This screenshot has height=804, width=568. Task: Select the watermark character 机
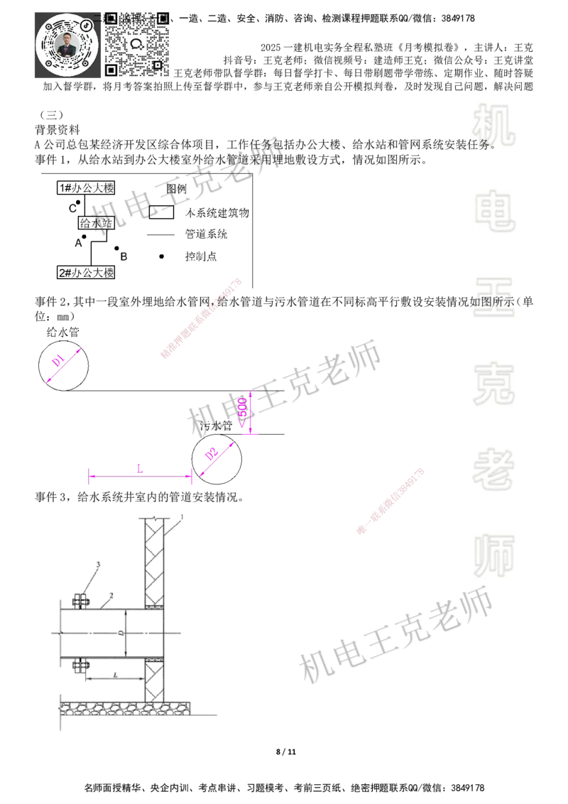pyautogui.click(x=494, y=124)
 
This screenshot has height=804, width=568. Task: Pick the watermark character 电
pyautogui.click(x=497, y=210)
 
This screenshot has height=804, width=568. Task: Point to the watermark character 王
pyautogui.click(x=494, y=298)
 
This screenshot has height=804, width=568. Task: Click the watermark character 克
pyautogui.click(x=494, y=384)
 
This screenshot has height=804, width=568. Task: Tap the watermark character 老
pyautogui.click(x=494, y=469)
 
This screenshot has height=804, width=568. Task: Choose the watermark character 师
pyautogui.click(x=494, y=556)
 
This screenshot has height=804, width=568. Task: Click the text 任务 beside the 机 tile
pyautogui.click(x=479, y=146)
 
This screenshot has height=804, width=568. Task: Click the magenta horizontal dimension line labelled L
pyautogui.click(x=139, y=477)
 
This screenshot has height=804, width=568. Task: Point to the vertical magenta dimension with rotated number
pyautogui.click(x=248, y=412)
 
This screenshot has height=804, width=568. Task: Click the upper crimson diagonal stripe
pyautogui.click(x=202, y=318)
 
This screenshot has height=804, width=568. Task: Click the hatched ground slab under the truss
pyautogui.click(x=124, y=707)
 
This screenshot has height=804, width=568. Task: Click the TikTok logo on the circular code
pyautogui.click(x=87, y=25)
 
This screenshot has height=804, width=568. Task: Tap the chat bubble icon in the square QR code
pyautogui.click(x=138, y=44)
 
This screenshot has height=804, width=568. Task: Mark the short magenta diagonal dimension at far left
pyautogui.click(x=64, y=365)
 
